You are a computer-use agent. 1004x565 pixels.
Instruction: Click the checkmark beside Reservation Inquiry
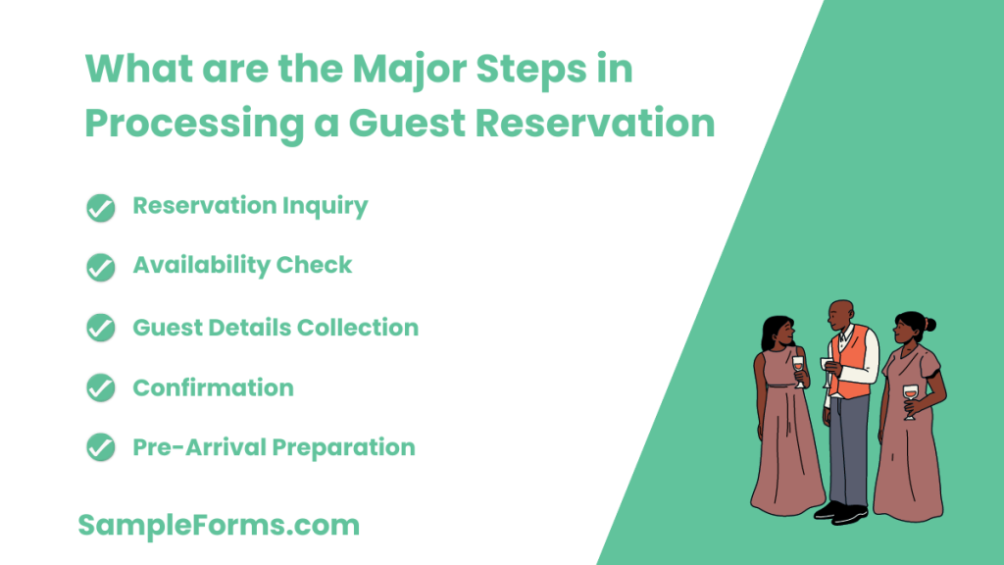click(x=101, y=208)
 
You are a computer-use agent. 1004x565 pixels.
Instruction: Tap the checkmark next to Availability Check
click(x=101, y=267)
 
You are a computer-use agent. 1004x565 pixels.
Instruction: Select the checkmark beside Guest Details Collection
click(x=101, y=328)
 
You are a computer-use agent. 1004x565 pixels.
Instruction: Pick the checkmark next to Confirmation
click(x=101, y=388)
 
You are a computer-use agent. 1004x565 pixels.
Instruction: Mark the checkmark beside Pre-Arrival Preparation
click(x=101, y=448)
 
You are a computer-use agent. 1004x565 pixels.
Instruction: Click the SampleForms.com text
click(x=219, y=525)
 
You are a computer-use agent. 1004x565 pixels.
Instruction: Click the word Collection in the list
click(x=368, y=327)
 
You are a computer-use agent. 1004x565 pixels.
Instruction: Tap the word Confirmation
click(x=213, y=387)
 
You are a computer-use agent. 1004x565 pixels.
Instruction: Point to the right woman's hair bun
click(x=929, y=325)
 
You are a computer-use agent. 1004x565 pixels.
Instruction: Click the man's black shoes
click(x=841, y=511)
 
